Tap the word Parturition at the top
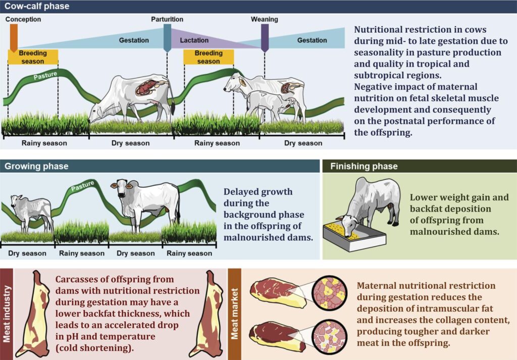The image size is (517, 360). point(167,20)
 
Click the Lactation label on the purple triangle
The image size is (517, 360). point(194,40)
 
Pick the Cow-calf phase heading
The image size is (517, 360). point(37,6)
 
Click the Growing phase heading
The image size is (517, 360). point(36,166)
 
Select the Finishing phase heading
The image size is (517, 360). point(364,166)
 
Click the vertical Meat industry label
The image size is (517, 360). point(7,314)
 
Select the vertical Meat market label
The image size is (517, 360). point(234,314)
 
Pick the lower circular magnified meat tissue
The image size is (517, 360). point(329,337)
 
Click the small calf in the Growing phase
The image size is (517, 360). point(31,212)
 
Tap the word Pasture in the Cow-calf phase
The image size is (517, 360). point(45,76)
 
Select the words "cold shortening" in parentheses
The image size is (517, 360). point(94,348)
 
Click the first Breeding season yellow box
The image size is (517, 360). point(33,57)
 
